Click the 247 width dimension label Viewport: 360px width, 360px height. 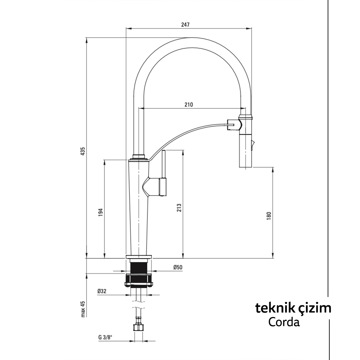[x=185, y=24]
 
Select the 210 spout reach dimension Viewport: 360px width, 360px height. [x=189, y=104]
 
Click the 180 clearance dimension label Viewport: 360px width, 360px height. [x=269, y=215]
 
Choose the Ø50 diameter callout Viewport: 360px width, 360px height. [x=178, y=267]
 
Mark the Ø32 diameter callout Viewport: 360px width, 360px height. [x=102, y=291]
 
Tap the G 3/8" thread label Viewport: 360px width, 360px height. [x=105, y=337]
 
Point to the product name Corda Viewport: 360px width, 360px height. [x=284, y=322]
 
